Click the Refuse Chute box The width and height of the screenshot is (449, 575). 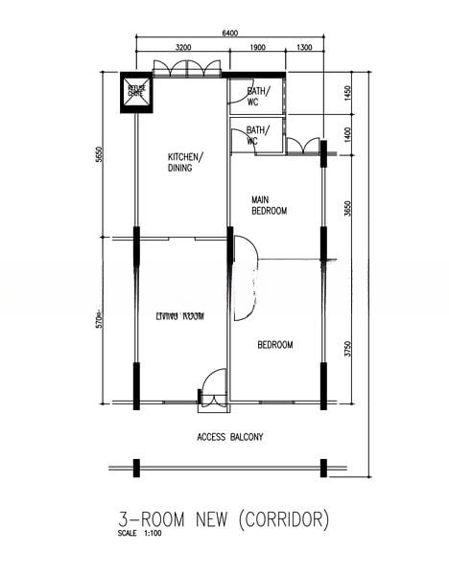[x=135, y=92]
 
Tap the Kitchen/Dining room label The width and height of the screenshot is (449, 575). [x=184, y=162]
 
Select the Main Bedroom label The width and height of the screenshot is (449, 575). [x=269, y=205]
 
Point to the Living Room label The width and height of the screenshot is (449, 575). [x=179, y=315]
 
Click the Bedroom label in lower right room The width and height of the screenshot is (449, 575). [x=275, y=345]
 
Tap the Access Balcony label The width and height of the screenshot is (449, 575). [x=230, y=437]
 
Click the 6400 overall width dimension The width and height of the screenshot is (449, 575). [x=230, y=34]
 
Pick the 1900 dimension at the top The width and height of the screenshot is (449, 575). [x=257, y=47]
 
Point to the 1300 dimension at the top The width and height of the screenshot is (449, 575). [x=304, y=47]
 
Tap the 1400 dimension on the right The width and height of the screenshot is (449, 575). [x=346, y=133]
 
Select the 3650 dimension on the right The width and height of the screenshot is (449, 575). [x=346, y=206]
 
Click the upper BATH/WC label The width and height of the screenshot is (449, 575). [x=258, y=96]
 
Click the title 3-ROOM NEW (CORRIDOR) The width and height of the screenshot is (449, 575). [x=224, y=519]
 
